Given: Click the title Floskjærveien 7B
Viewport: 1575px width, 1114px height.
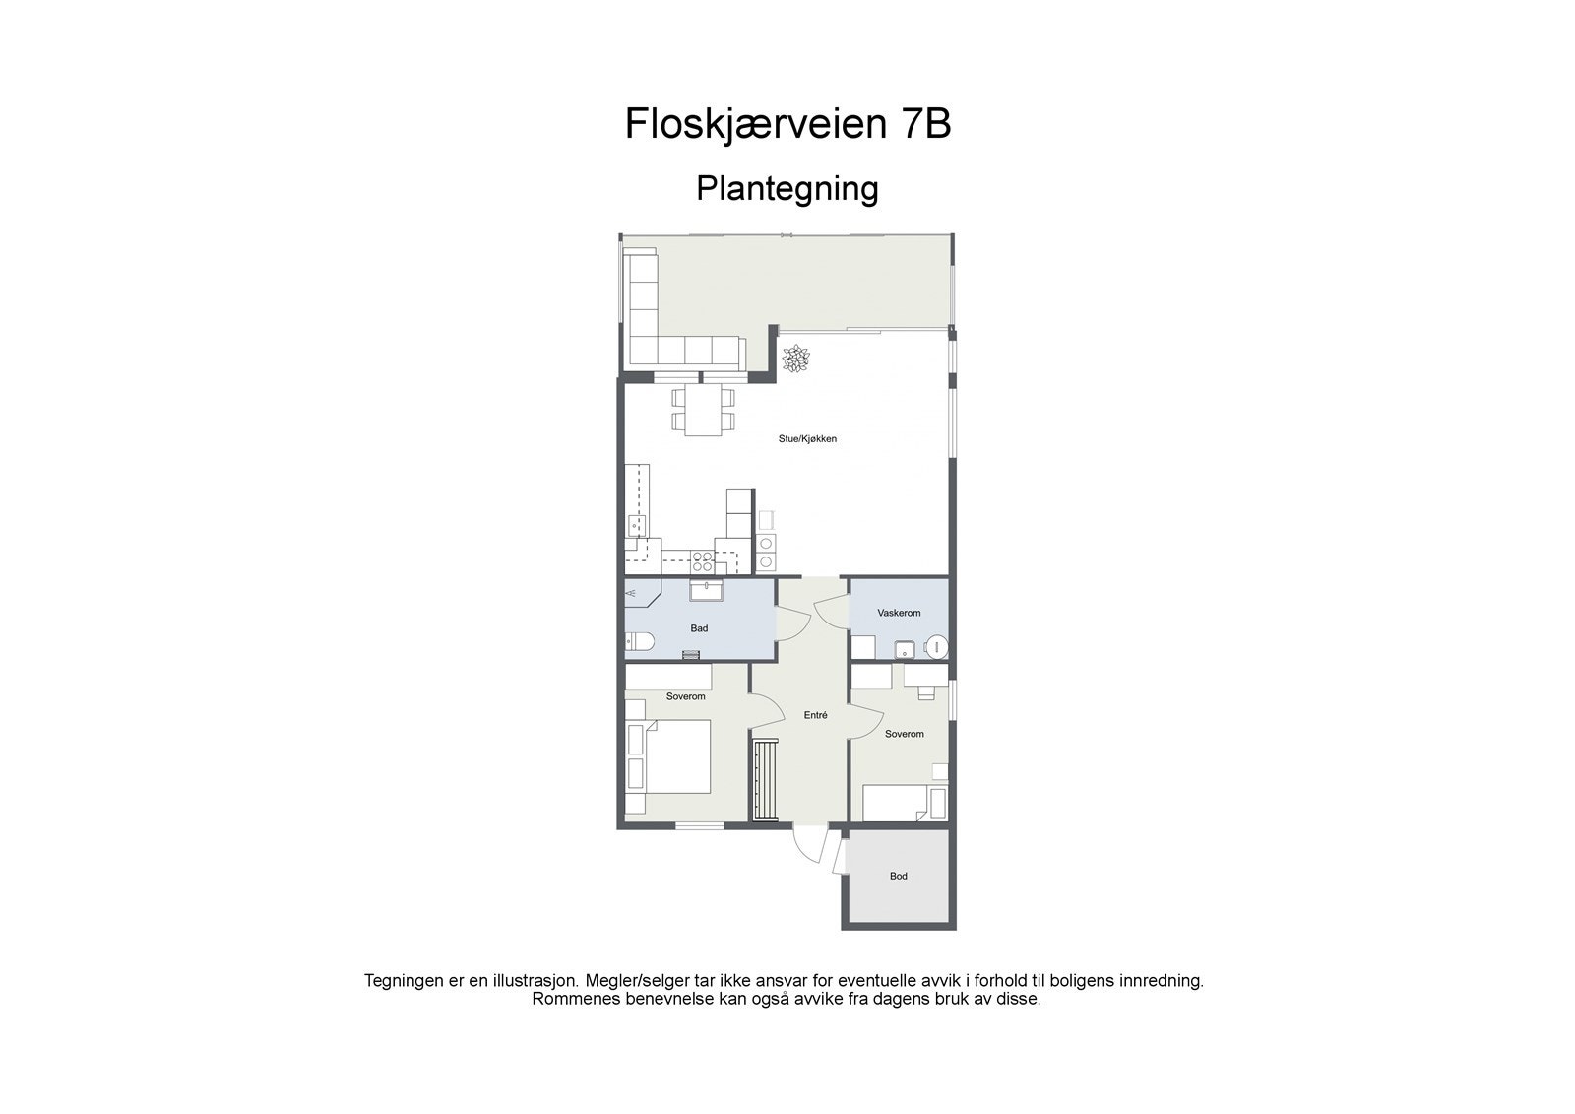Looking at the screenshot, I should (x=787, y=125).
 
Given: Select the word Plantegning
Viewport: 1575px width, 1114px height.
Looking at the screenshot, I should (x=787, y=188).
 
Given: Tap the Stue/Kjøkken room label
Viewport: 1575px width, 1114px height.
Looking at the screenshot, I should (x=807, y=439).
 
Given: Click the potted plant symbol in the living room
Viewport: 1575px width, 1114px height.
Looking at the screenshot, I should (x=793, y=359).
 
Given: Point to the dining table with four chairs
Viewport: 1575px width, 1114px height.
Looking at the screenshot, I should (x=703, y=410).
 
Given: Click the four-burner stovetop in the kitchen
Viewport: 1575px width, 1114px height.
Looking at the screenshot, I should (x=703, y=562).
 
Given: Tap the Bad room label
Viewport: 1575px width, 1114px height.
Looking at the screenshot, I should (x=699, y=628).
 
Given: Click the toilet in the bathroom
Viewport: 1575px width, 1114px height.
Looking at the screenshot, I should (x=640, y=643).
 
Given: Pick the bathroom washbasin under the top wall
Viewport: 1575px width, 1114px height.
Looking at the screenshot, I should (x=706, y=590).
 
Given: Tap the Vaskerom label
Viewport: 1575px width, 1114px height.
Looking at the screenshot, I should (x=899, y=613).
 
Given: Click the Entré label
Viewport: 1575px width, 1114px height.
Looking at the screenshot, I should (x=815, y=716).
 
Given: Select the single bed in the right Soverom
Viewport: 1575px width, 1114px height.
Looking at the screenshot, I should (x=904, y=803).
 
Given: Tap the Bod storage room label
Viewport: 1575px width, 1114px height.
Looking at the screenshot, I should (x=898, y=876).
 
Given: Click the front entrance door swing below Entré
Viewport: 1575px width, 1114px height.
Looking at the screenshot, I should (x=809, y=845).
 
